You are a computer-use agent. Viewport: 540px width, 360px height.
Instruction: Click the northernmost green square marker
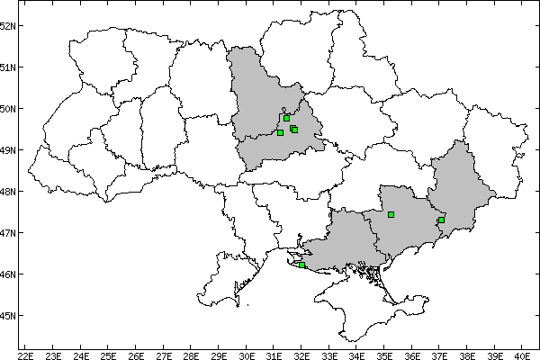(286, 118)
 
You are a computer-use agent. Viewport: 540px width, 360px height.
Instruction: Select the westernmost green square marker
(280, 132)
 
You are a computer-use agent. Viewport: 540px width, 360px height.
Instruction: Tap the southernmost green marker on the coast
(301, 265)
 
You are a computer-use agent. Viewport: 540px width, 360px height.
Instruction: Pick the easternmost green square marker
(441, 220)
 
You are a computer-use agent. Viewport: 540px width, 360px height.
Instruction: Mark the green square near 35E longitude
(391, 214)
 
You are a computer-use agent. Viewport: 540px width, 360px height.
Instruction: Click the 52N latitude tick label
(8, 25)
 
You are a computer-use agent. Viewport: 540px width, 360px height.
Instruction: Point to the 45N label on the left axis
(8, 316)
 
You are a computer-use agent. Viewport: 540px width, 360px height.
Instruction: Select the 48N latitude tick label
(8, 192)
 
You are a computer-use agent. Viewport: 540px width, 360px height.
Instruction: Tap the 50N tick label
(8, 109)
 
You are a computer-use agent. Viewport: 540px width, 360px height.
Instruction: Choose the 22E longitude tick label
(25, 354)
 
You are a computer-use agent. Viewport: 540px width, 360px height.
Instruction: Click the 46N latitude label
(8, 274)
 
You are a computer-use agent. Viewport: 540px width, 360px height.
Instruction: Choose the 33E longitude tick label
(330, 354)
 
